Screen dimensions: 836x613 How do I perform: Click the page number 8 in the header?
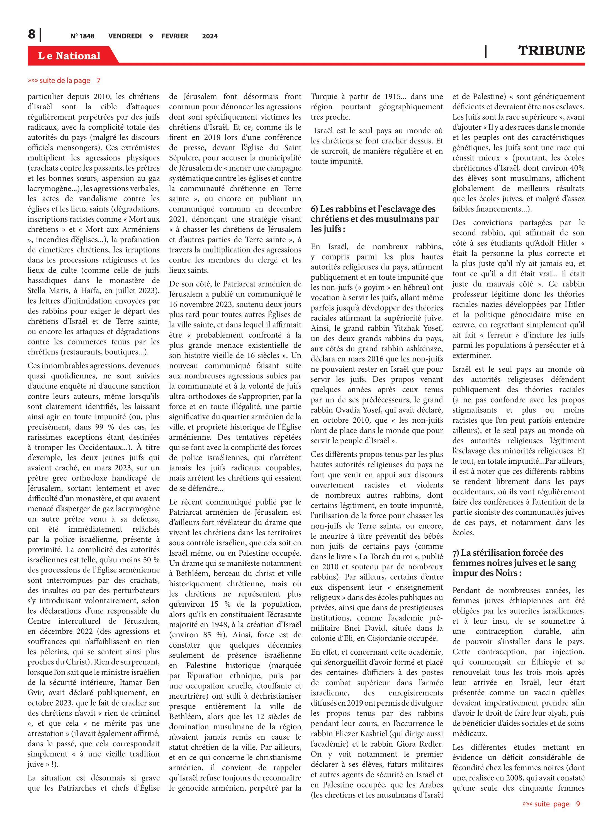click(32, 35)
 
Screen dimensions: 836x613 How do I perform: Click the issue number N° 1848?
click(82, 36)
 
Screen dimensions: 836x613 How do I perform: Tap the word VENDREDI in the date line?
click(125, 36)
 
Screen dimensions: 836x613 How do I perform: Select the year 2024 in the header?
click(210, 36)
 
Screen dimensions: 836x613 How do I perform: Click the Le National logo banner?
click(69, 56)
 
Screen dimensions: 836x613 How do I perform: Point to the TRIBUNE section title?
click(551, 51)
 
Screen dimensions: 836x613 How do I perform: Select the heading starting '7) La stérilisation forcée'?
click(514, 563)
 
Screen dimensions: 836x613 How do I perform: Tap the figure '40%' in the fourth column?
click(576, 168)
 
